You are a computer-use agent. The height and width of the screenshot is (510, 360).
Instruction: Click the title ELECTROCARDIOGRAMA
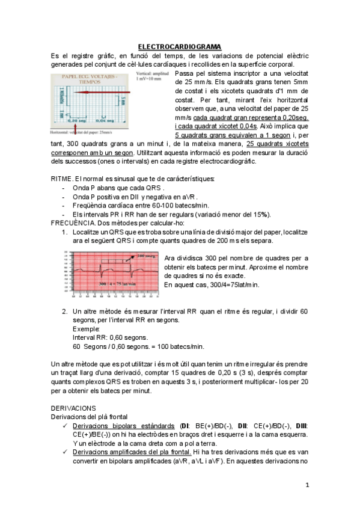point(180,47)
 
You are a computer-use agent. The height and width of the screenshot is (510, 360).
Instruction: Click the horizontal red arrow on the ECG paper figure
point(105,92)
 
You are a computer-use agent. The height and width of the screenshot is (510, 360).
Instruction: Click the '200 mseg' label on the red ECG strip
point(146,256)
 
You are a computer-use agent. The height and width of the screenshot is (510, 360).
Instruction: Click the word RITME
point(61,179)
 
